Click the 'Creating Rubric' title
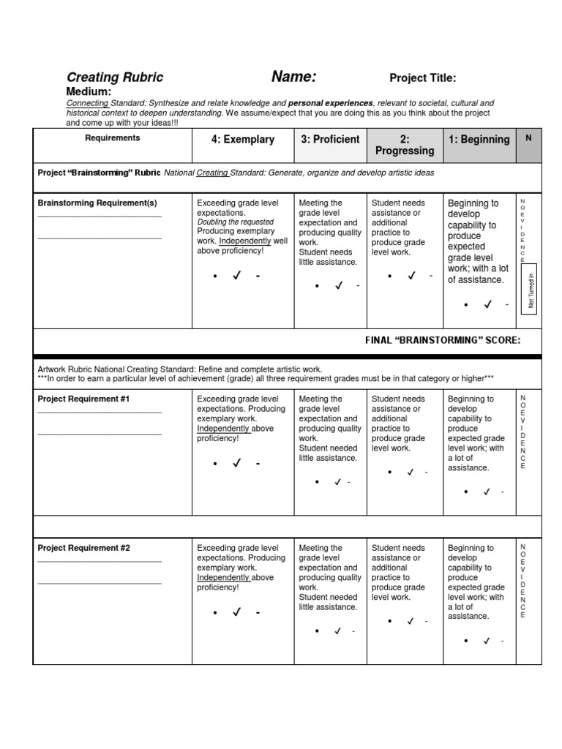[x=115, y=78]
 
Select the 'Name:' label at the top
[x=294, y=77]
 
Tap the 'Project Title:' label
[x=423, y=78]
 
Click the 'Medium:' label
[x=89, y=91]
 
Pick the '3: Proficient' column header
[x=330, y=139]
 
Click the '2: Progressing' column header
[x=405, y=145]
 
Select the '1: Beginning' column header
[x=479, y=139]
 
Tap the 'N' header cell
[x=528, y=138]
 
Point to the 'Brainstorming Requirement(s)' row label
[x=97, y=203]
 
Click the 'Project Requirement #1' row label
[x=84, y=399]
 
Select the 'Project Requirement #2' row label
[x=84, y=548]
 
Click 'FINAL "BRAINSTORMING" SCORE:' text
[x=443, y=340]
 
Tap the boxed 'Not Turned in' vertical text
[x=531, y=290]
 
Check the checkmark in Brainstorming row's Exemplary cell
[x=236, y=276]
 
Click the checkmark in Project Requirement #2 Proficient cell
[x=337, y=631]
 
